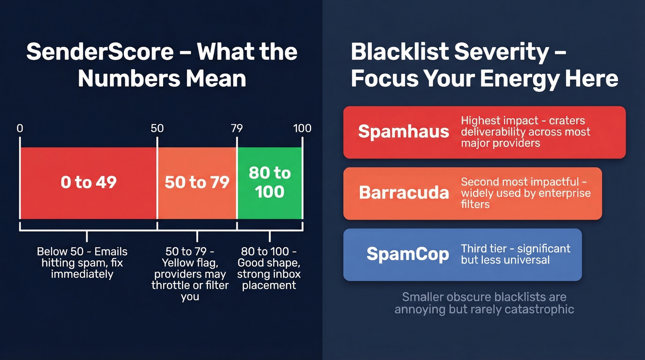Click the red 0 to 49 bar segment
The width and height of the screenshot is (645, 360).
coord(88,183)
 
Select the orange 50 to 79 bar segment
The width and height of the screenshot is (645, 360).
coord(197,183)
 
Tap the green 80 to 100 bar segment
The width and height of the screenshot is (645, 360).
coord(270,183)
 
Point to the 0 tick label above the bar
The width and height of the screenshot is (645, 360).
coord(20,128)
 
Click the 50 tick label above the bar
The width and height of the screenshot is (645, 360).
coord(157,128)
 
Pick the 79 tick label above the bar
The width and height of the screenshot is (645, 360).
coord(236,128)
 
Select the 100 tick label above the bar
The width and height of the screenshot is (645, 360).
coord(302,128)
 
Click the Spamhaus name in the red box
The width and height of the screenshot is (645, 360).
coord(404,132)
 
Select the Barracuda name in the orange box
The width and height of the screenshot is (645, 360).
coord(404,193)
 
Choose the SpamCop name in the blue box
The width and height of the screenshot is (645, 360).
coord(408,254)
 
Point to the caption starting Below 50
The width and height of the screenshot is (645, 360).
coord(82,263)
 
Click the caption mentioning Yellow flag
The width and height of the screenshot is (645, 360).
coord(190,274)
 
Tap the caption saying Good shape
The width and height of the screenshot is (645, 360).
coord(269,268)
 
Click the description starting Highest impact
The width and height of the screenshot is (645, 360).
coord(526,132)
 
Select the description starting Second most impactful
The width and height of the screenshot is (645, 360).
coord(526,193)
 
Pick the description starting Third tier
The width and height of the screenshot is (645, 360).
coord(516,254)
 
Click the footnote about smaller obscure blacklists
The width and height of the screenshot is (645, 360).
coord(484,303)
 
